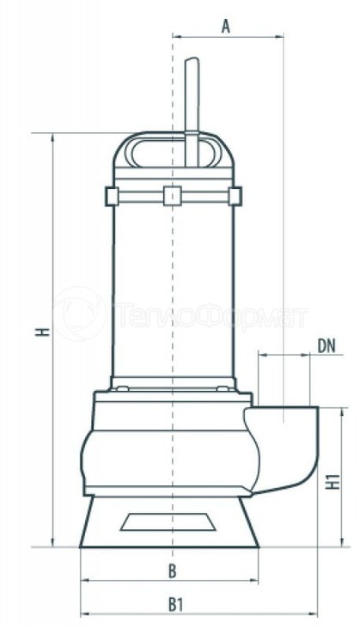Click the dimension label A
226,26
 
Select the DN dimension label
326,346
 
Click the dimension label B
172,571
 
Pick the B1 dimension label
175,605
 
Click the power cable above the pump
192,112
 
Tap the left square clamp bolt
112,196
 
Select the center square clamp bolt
173,196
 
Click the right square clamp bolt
235,196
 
